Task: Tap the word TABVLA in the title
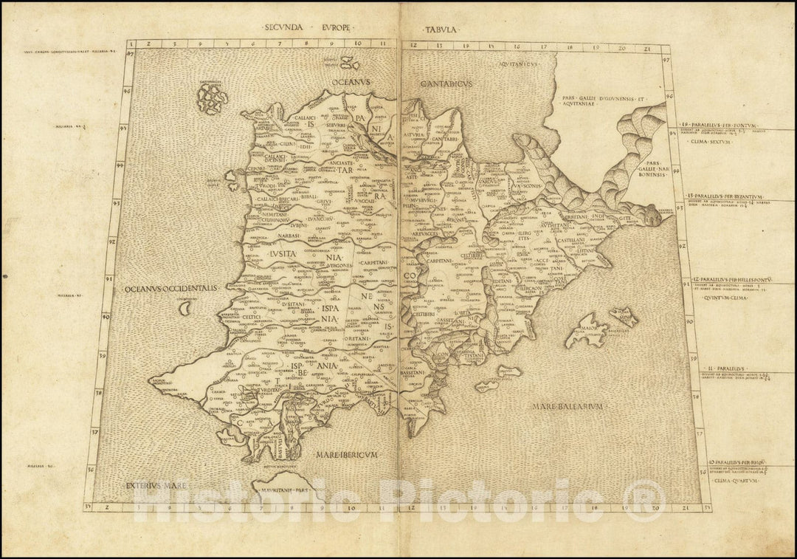tap(441, 30)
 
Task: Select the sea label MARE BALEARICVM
tap(571, 406)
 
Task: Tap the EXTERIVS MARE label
tap(151, 485)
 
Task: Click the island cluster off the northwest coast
tap(212, 98)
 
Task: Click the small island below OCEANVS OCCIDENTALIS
tap(186, 309)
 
